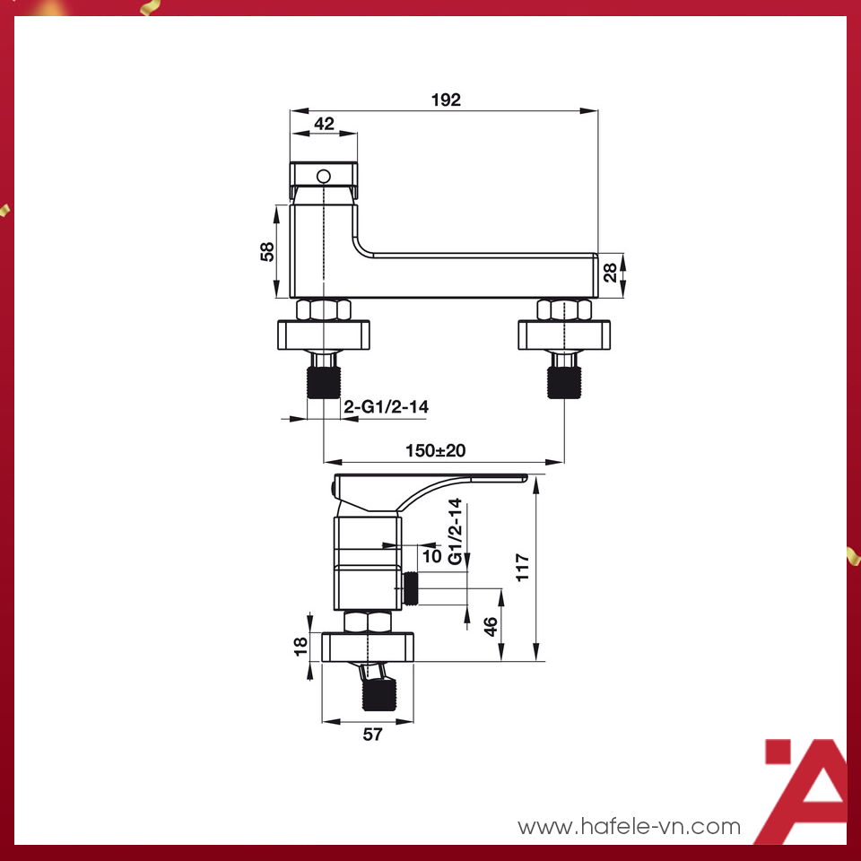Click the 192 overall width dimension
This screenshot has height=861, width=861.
point(445,100)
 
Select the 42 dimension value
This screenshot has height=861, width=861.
point(324,124)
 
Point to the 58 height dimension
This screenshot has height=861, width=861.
point(267,251)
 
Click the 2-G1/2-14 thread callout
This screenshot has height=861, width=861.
point(387,407)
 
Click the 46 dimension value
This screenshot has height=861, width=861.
point(491,625)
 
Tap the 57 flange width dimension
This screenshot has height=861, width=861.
point(372,735)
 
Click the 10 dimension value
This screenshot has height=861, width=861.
point(431,556)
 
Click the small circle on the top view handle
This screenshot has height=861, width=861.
point(325,175)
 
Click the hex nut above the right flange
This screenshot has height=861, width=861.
point(564,310)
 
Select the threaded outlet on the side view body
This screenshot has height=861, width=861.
point(413,587)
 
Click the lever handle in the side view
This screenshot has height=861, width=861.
point(430,485)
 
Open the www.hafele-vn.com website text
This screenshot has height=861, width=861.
point(630,826)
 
